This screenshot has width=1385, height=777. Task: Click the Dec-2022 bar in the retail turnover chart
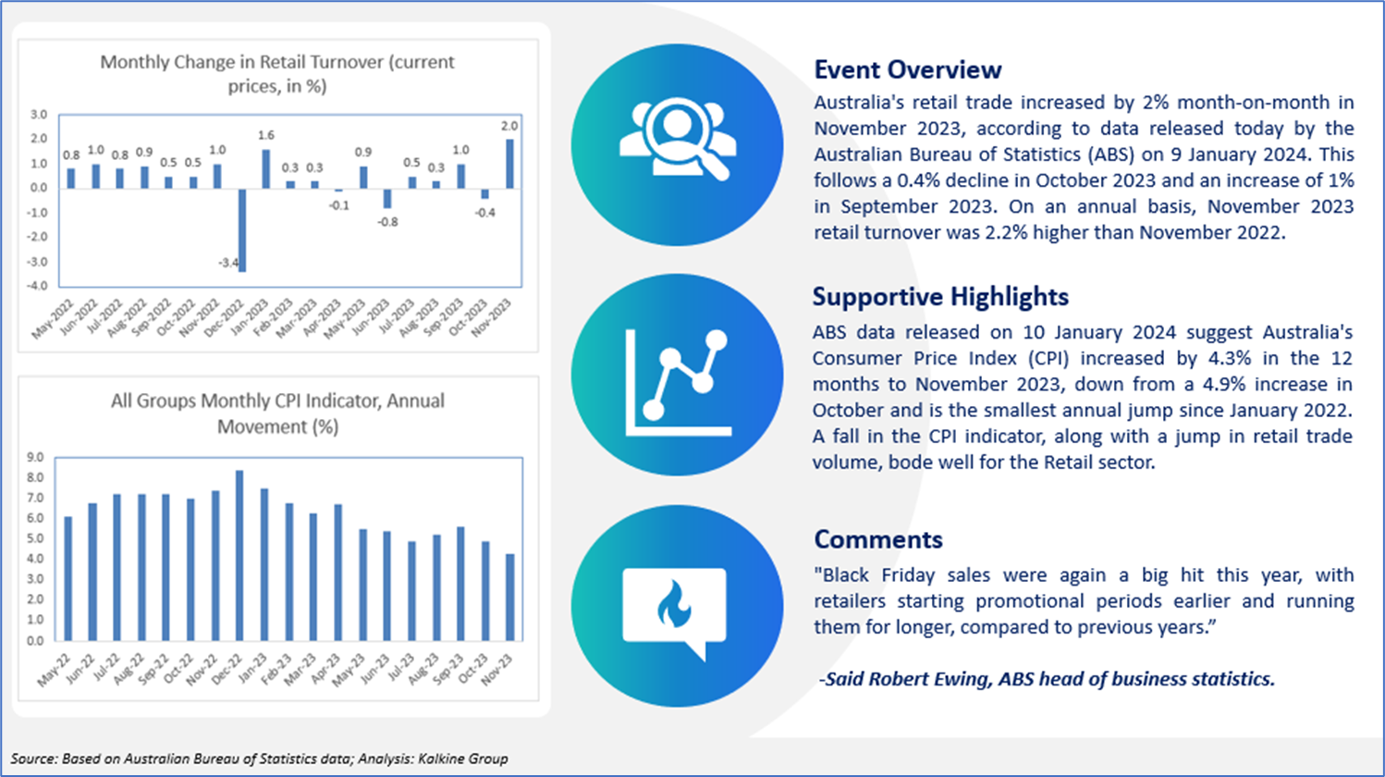242,230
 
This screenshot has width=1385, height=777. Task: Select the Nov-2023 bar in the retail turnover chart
510,164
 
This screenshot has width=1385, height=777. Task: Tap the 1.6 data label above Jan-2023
266,135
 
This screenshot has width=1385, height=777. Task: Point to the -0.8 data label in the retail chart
387,222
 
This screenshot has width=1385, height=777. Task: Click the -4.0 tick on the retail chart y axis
37,286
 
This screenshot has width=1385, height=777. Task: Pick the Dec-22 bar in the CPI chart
239,556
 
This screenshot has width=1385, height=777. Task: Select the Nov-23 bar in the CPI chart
510,598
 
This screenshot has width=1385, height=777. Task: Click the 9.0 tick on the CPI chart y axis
35,457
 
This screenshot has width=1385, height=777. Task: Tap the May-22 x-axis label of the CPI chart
55,670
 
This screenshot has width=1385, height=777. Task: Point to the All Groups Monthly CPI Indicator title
277,413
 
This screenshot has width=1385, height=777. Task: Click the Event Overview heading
908,70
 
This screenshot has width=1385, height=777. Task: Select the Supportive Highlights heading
940,297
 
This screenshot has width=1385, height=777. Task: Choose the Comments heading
878,539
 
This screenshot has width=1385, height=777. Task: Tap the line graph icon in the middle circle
679,383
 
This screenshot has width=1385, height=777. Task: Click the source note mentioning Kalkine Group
259,759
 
